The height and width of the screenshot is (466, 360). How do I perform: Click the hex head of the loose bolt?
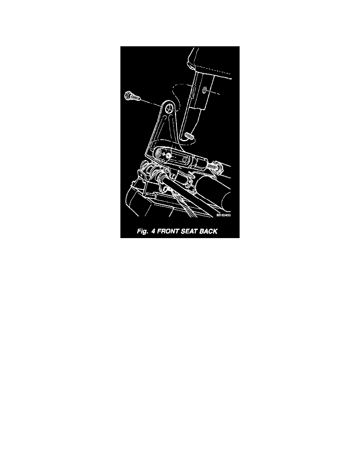click(127, 95)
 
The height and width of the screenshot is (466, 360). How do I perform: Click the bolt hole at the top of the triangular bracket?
click(169, 107)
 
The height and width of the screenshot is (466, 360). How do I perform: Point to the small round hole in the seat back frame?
click(205, 90)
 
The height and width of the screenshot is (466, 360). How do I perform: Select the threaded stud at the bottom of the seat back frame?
click(188, 137)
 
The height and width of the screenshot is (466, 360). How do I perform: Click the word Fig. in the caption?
click(142, 231)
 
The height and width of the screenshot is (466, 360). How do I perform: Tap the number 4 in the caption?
click(153, 231)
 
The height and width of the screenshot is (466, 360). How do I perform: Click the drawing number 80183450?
click(224, 215)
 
